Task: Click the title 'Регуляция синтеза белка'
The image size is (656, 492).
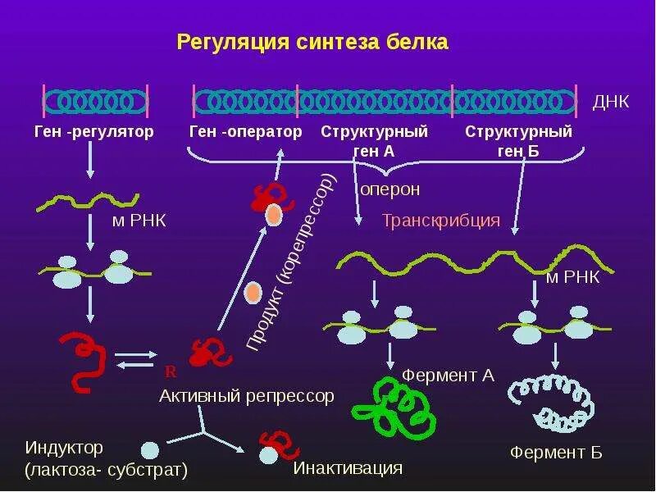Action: [312, 42]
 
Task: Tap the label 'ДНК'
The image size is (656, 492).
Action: [611, 102]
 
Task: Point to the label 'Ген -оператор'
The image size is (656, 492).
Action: [245, 131]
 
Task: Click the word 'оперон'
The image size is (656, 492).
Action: [390, 189]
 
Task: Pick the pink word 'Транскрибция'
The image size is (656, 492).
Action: [441, 221]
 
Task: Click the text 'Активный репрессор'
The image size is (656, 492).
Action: [247, 396]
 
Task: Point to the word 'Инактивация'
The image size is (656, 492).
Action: [348, 468]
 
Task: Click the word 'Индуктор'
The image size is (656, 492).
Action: [64, 448]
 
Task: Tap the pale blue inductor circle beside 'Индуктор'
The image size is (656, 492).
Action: [149, 450]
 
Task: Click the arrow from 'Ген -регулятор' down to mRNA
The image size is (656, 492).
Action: [90, 166]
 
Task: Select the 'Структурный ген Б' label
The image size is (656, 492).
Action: [518, 139]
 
